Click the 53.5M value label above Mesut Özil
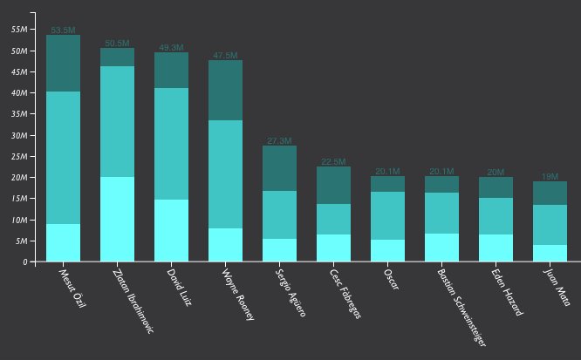[63, 31]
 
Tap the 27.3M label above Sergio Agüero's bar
[279, 140]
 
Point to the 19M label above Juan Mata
[550, 176]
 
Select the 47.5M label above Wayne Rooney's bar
[225, 56]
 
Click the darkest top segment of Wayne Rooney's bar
[225, 90]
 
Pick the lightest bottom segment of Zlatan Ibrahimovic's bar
[117, 219]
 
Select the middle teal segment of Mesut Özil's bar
[63, 157]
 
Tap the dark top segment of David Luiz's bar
[171, 70]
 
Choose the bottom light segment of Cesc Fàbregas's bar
[333, 248]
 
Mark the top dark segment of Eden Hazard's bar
[496, 187]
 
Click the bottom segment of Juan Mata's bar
[550, 253]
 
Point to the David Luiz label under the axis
[181, 289]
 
